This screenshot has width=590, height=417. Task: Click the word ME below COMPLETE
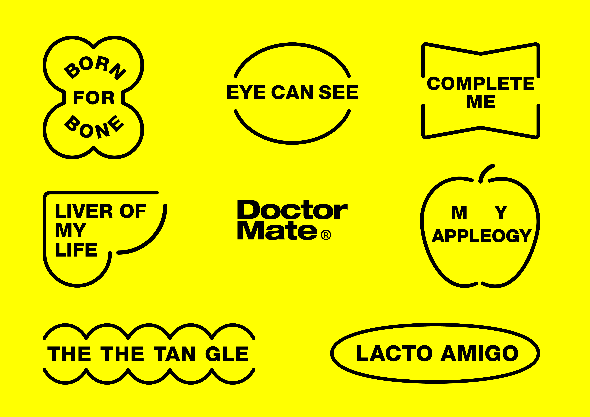(481, 101)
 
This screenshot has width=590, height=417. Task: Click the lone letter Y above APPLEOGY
(501, 212)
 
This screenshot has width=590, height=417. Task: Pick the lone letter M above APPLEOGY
(459, 212)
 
